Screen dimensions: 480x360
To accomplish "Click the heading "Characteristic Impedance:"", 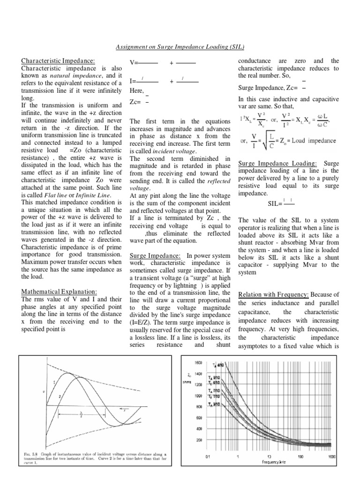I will tap(59, 61).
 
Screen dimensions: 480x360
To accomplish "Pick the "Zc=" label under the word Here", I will tap(136, 102).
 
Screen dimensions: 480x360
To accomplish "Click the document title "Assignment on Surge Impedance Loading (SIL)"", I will tap(180, 47).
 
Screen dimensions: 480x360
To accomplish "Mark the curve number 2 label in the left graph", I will tap(60, 396).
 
